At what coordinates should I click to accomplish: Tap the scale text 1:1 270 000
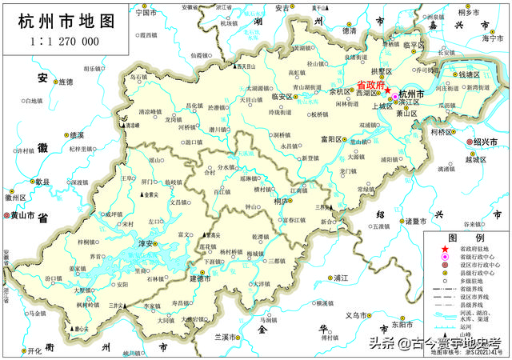point(65,41)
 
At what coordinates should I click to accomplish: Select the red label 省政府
point(370,85)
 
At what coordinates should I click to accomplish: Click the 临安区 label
point(283,97)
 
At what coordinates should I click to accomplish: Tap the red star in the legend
point(445,251)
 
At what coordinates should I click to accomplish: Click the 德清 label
point(349,30)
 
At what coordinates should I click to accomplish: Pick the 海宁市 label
point(495,38)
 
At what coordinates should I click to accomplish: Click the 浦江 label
point(341,277)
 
